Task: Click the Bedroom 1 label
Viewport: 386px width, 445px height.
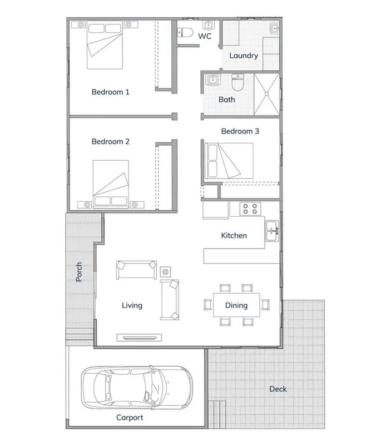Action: click(110, 92)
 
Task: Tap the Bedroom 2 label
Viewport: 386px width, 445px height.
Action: click(110, 142)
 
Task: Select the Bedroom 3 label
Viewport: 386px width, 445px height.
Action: click(240, 131)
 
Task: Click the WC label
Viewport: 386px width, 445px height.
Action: click(205, 36)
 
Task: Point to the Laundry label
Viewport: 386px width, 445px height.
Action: click(244, 56)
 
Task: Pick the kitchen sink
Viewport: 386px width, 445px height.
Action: click(272, 231)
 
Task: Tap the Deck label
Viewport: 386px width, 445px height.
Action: click(278, 389)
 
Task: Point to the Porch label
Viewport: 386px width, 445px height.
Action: click(79, 271)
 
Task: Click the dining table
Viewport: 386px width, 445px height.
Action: click(236, 305)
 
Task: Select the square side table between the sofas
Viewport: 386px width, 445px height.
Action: click(166, 271)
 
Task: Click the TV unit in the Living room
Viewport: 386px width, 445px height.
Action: click(139, 337)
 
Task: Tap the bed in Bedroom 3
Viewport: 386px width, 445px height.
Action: click(229, 160)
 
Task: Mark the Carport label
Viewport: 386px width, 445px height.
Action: click(130, 418)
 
